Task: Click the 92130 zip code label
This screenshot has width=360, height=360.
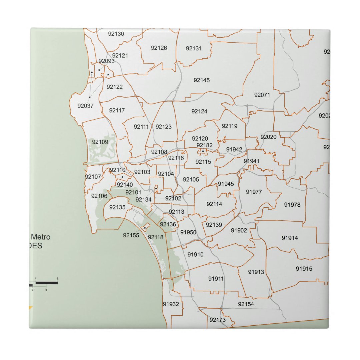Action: point(116,34)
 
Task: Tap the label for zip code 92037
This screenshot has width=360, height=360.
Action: point(86,106)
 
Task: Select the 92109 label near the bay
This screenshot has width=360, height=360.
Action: point(100,142)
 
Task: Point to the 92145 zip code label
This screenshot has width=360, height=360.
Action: point(202,80)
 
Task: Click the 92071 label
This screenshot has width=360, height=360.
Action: point(262,95)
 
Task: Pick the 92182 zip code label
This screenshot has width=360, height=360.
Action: point(204,145)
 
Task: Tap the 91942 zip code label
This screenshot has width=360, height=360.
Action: point(234,149)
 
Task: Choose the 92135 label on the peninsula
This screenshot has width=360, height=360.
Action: point(117,207)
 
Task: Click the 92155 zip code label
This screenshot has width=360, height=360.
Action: point(131,235)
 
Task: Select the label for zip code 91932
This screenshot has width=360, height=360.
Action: point(171,304)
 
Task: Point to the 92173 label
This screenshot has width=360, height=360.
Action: point(218,320)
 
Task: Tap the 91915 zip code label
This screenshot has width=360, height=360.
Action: point(304,269)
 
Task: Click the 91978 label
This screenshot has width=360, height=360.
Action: point(292,205)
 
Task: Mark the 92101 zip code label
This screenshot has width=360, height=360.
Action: point(133,192)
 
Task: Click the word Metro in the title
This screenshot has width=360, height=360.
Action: point(41,237)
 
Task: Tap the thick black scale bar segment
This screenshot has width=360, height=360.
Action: point(47,283)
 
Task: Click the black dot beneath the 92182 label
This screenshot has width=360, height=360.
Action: point(203,151)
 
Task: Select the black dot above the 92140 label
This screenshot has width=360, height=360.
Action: point(122,177)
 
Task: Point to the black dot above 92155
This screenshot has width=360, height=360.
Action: point(145,228)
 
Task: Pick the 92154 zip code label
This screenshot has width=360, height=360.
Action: point(246,304)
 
